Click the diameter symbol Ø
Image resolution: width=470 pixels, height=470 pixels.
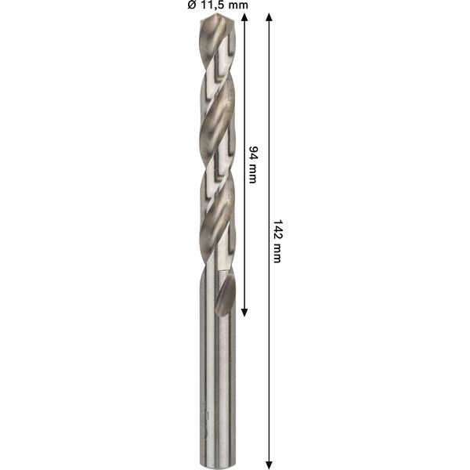tap(190, 5)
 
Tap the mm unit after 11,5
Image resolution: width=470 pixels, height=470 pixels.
tap(237, 5)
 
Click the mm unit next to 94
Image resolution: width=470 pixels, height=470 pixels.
tap(253, 174)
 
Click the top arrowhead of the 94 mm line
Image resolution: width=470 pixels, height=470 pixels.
tap(244, 17)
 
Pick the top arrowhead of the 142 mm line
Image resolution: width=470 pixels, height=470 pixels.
tap(269, 17)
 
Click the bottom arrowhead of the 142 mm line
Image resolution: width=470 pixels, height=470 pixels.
tap(269, 463)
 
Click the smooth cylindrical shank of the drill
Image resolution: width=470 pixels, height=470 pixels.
tap(217, 376)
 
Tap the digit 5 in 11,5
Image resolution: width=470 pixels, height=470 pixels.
tap(224, 5)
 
